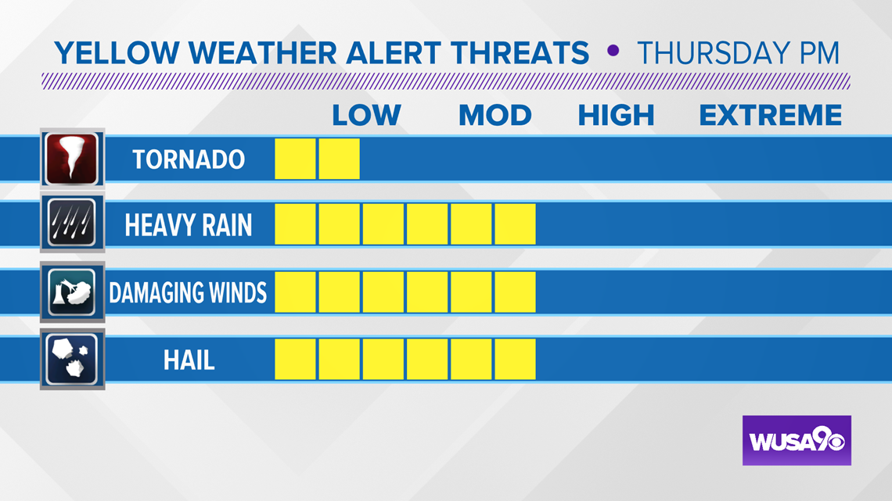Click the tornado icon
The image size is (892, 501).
tap(72, 159)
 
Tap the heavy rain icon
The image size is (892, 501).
tap(72, 223)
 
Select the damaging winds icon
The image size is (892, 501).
tap(72, 292)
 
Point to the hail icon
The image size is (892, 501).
tap(72, 359)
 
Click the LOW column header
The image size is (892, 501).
tap(366, 116)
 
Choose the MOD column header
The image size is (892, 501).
tap(495, 116)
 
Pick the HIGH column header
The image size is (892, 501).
tap(616, 116)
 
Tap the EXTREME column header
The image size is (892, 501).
tap(770, 116)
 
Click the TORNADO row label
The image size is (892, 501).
tap(189, 159)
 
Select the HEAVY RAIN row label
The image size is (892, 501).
tap(189, 225)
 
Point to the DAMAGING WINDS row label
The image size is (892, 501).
tap(188, 292)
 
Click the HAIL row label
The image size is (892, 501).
tap(189, 360)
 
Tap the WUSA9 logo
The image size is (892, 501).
tap(797, 440)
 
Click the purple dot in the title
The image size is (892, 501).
tap(613, 51)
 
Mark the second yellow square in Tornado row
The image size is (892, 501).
tap(339, 159)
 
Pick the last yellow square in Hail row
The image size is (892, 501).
tap(515, 359)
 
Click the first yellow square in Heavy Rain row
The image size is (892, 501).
tap(295, 224)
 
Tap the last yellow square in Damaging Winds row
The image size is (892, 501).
tap(515, 292)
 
